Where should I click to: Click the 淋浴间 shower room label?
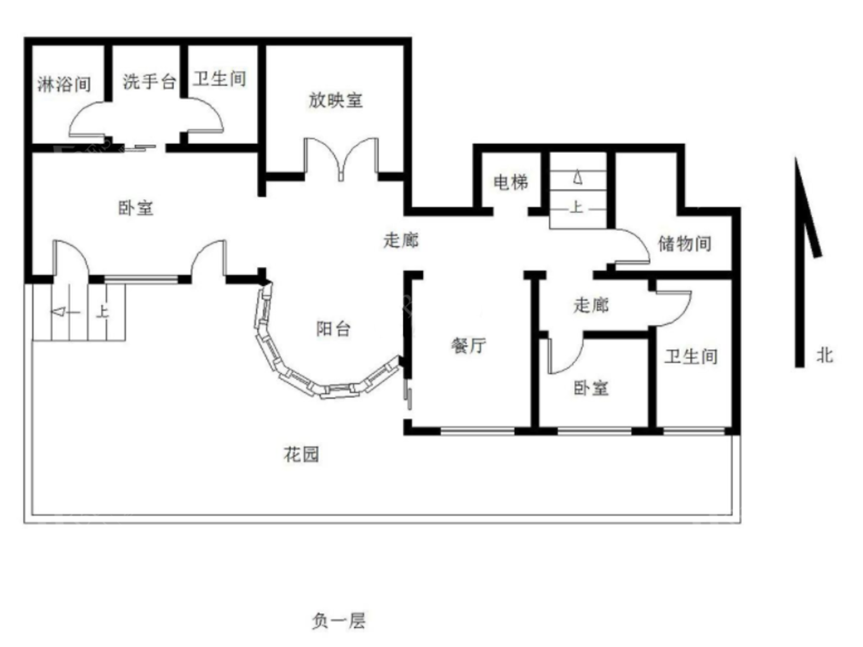tap(64, 84)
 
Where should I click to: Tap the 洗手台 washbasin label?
tap(149, 82)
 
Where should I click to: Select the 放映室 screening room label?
tap(336, 100)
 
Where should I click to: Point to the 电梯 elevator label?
tap(511, 182)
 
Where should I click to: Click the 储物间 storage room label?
tap(685, 244)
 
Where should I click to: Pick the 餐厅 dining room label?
tap(469, 346)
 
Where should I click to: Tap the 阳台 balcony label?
tap(334, 329)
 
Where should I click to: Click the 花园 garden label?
tap(302, 454)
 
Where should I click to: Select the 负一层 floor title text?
tap(339, 621)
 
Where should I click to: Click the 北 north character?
tap(824, 356)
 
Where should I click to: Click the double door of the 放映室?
tap(341, 159)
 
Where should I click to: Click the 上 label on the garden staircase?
tap(102, 311)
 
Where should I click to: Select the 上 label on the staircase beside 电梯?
tap(577, 207)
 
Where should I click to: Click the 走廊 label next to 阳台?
tap(401, 240)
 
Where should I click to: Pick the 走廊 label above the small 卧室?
tap(591, 305)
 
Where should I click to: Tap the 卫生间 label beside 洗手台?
tap(220, 79)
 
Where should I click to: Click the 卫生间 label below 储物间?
tap(691, 357)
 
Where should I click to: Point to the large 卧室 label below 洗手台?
tap(136, 208)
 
